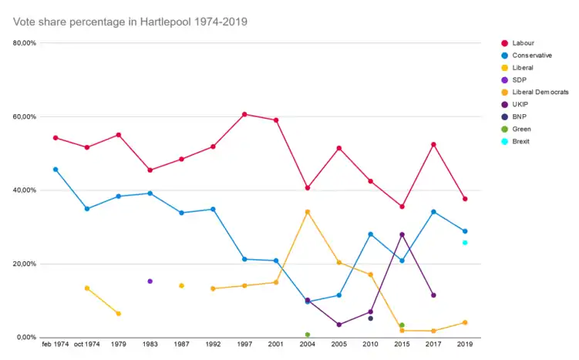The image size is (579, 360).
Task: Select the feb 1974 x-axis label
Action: (56, 344)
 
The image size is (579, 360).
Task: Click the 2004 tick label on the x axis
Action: (308, 344)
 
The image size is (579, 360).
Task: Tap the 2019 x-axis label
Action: (465, 344)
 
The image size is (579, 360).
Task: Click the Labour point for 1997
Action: (244, 114)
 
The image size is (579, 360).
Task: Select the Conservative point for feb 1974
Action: (56, 170)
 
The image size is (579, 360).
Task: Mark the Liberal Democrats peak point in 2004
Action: (308, 212)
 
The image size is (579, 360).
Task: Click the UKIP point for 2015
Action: (402, 234)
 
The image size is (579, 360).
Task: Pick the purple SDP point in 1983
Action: (150, 281)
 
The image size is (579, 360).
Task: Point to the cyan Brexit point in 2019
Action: (465, 243)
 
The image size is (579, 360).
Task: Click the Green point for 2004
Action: (308, 335)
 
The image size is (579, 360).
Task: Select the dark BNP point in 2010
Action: (370, 318)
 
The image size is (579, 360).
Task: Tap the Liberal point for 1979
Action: (118, 314)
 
